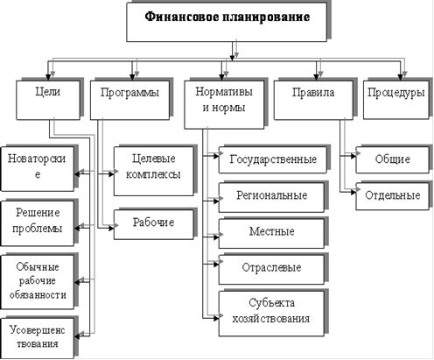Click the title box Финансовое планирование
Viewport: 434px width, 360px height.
(227, 22)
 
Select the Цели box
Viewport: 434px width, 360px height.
(48, 100)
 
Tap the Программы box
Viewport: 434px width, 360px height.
(129, 100)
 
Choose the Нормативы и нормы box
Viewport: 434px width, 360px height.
(224, 104)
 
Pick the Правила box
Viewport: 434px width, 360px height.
(313, 100)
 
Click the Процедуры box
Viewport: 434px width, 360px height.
(396, 100)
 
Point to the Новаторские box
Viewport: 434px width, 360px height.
(38, 169)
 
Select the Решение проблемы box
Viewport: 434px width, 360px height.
(38, 223)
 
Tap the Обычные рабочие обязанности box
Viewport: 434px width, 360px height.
(38, 282)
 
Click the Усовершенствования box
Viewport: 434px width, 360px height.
(38, 338)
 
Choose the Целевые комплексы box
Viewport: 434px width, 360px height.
(154, 171)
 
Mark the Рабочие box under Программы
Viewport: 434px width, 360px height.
(154, 224)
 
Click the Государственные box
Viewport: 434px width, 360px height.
(273, 159)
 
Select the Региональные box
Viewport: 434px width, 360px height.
(271, 197)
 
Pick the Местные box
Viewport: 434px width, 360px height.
(271, 234)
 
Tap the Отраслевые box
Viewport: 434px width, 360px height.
(271, 270)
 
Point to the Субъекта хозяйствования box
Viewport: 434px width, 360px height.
(271, 314)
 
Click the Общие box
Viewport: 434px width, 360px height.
(392, 159)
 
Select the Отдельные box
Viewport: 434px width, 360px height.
(392, 196)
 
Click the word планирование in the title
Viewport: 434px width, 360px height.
(266, 17)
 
